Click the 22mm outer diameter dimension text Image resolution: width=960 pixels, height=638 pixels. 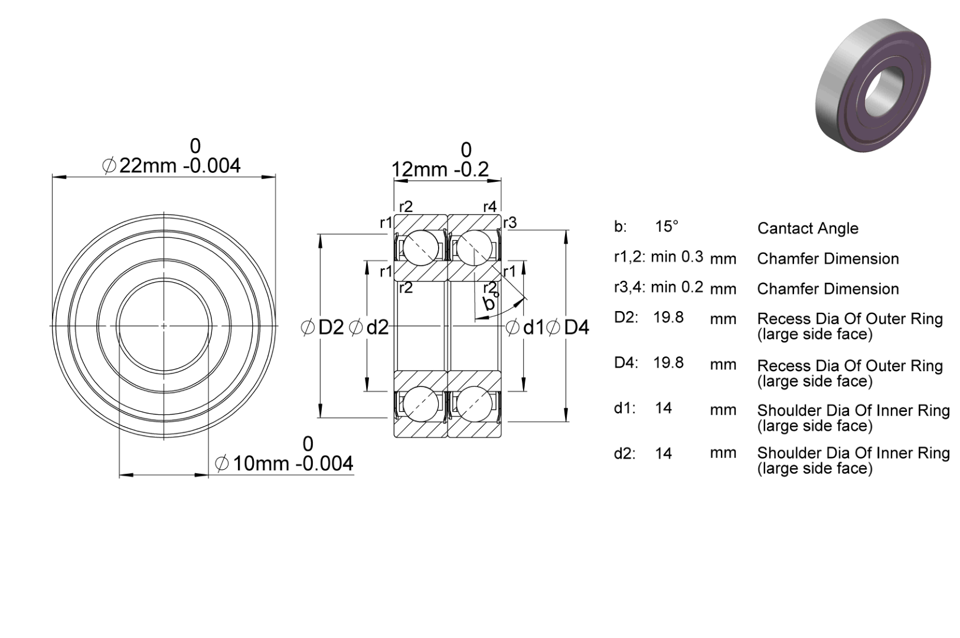[x=171, y=165]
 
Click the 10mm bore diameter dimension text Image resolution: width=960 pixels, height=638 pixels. [x=284, y=464]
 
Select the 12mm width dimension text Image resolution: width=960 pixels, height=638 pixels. [x=440, y=169]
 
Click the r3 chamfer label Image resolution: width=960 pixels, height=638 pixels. [x=510, y=223]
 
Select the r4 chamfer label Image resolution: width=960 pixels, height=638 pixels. [x=490, y=207]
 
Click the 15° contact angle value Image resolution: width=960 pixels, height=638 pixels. [x=667, y=227]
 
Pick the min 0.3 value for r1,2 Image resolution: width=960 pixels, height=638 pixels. [x=677, y=257]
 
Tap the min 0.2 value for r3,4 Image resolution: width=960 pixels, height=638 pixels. [x=677, y=287]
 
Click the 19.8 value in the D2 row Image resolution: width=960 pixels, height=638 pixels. [x=668, y=318]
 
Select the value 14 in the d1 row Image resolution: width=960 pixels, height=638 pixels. [x=664, y=408]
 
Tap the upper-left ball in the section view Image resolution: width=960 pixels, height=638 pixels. [x=421, y=248]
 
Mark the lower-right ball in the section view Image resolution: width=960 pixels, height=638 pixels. [x=475, y=404]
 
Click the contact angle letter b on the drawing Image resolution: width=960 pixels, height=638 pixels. [x=489, y=303]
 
